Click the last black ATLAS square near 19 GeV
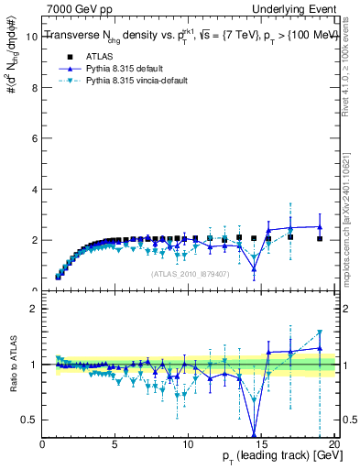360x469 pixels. (319, 238)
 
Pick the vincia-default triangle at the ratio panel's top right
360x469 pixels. (319, 333)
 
